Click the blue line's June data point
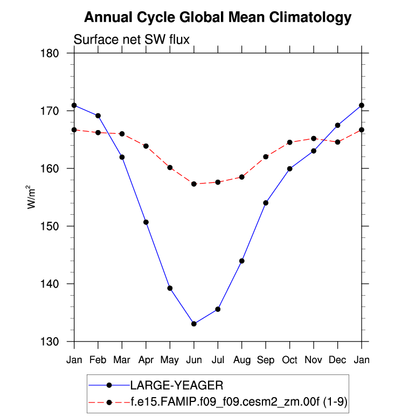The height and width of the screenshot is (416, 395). tap(194, 324)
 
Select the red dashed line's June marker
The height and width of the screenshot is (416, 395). tap(194, 184)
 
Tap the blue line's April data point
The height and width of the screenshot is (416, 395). tap(146, 222)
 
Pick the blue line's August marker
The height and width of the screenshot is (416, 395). tap(242, 261)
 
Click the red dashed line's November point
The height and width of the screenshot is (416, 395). tap(314, 139)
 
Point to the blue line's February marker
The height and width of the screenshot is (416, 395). tap(98, 115)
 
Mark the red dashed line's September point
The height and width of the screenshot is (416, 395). tap(266, 157)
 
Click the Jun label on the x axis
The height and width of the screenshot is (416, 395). tap(194, 360)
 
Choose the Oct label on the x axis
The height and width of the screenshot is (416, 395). tap(290, 360)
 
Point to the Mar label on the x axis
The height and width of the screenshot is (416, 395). tap(122, 360)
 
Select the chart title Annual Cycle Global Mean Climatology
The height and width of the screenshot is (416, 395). tap(218, 18)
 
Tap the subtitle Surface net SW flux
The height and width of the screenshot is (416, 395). tap(131, 39)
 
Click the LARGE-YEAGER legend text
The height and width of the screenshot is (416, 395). tap(176, 385)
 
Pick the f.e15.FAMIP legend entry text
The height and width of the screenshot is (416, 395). tap(241, 402)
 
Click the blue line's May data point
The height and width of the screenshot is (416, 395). tap(170, 288)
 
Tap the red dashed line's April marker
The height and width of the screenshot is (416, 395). tap(146, 146)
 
